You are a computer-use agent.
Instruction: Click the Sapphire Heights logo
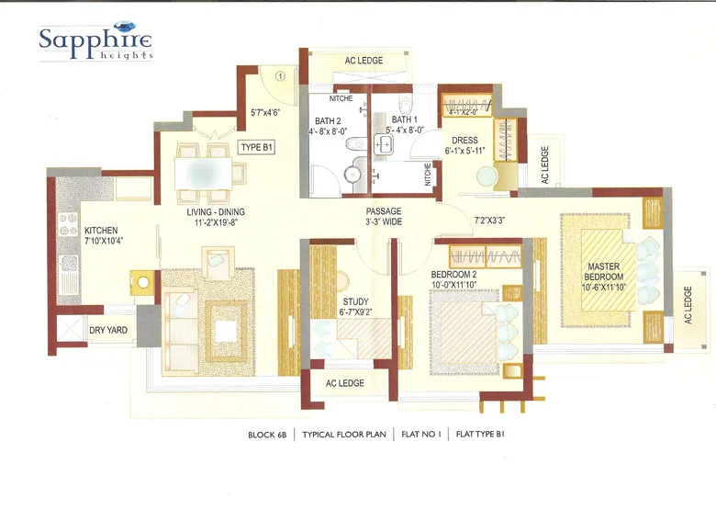[95, 40]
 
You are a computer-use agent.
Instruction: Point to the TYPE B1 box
[257, 147]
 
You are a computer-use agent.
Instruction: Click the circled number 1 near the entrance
[280, 75]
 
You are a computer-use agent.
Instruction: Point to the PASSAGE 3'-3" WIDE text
[384, 217]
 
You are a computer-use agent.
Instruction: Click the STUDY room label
[356, 306]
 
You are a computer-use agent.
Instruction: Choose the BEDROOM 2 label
[465, 278]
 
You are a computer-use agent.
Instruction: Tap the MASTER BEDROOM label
[605, 277]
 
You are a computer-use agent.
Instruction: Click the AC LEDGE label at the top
[364, 61]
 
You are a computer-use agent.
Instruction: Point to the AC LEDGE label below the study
[345, 383]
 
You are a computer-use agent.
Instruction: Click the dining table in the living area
[205, 171]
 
